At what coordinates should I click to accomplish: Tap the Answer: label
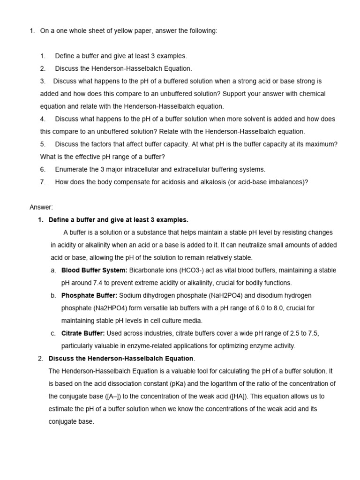point(41,207)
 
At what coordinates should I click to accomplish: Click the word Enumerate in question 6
point(71,170)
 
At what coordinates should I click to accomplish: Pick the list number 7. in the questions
point(43,182)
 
